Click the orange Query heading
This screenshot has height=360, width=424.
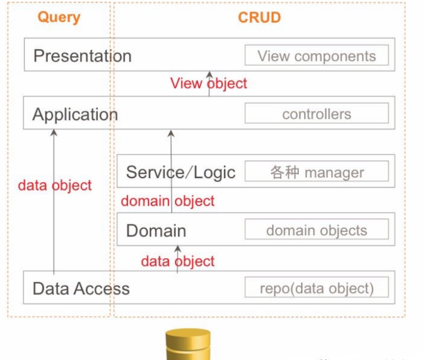[59, 18]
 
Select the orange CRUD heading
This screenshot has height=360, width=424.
[259, 18]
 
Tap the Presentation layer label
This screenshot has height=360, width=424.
[82, 56]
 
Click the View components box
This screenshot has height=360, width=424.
[316, 56]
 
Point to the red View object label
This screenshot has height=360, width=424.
[209, 83]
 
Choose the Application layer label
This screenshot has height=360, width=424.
[75, 114]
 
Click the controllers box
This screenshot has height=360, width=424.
[316, 114]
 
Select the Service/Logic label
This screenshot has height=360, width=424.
[181, 171]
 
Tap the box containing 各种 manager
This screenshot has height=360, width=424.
[316, 171]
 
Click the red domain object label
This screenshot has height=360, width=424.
[168, 201]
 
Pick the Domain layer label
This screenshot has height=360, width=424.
[156, 231]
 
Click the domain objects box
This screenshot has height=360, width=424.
[316, 231]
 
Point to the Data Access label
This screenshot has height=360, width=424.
[81, 288]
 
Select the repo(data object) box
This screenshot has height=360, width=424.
[316, 288]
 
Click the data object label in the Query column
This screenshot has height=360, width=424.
[55, 185]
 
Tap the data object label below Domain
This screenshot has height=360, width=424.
[178, 261]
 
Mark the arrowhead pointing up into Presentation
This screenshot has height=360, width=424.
[209, 74]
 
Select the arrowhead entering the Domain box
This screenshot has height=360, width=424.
[178, 248]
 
